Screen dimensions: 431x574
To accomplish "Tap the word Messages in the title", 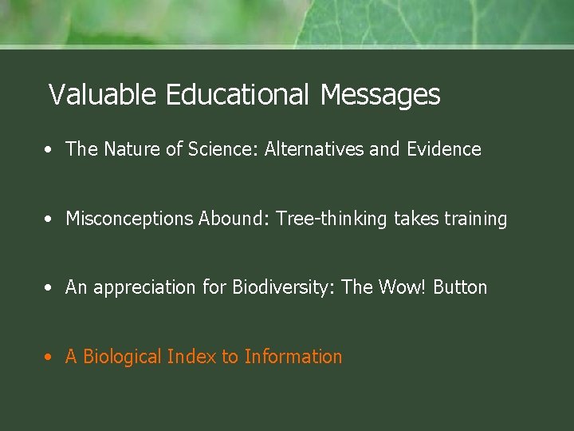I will point(379,95).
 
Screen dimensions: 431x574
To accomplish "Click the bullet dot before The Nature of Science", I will point(49,149).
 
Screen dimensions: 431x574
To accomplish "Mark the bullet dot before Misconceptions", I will point(49,219).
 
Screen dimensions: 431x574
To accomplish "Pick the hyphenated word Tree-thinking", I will point(332,219).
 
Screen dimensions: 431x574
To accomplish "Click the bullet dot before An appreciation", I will point(49,287).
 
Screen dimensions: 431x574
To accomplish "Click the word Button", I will point(460,287).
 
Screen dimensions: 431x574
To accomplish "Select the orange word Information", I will point(293,357).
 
